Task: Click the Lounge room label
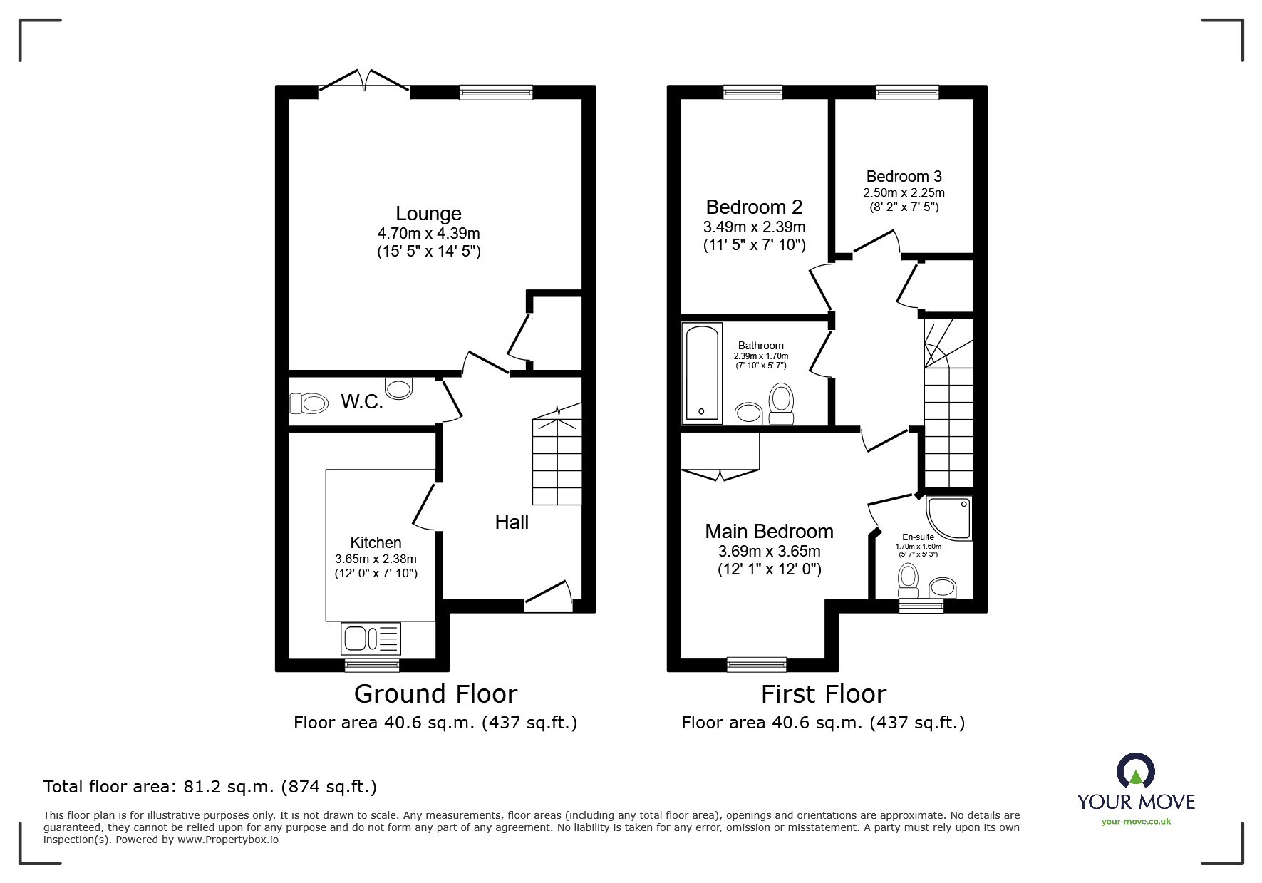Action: pos(428,213)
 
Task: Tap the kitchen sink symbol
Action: pos(371,638)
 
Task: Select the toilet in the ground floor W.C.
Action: pos(309,404)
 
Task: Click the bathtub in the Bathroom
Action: pos(702,373)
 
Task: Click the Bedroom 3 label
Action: pos(904,176)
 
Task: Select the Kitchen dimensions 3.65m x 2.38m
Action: pos(376,559)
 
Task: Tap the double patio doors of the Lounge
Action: pos(364,81)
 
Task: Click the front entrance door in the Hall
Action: pos(548,597)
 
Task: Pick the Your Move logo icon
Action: pos(1135,771)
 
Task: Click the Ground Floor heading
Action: pos(435,693)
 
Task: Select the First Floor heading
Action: pos(823,693)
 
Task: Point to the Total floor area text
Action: pos(210,787)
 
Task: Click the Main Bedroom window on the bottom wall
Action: pos(756,664)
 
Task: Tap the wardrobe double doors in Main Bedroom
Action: pos(720,474)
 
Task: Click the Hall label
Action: pos(512,522)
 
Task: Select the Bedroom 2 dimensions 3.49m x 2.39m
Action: pos(754,227)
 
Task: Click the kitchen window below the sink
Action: pos(371,664)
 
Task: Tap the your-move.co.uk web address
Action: pos(1136,822)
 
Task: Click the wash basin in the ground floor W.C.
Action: pos(398,388)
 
